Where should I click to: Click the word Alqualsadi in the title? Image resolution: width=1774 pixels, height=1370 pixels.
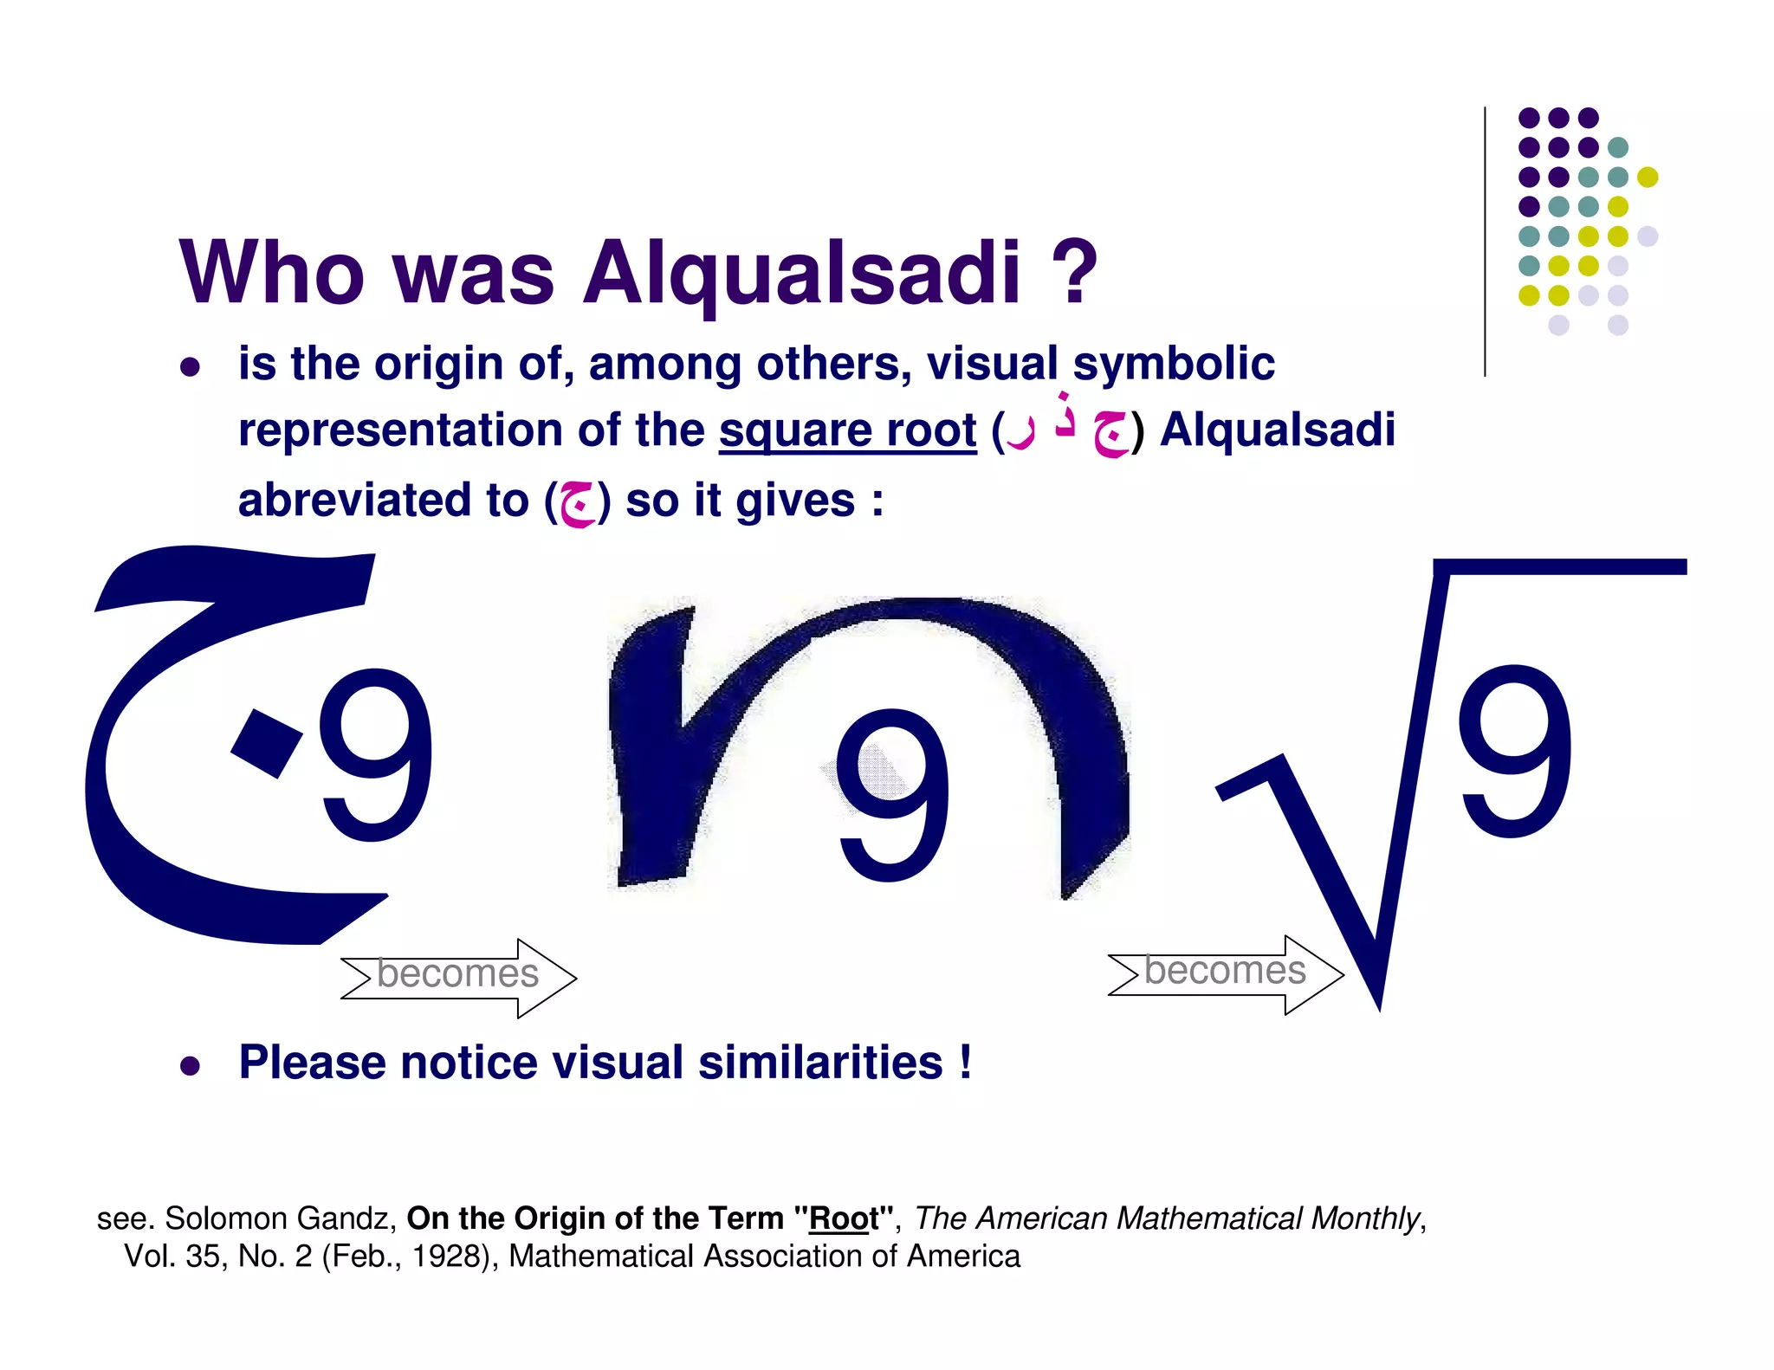[x=801, y=273]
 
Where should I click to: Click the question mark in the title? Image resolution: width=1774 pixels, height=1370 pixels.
[x=1075, y=273]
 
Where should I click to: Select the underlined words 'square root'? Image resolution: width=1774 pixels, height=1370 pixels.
[x=847, y=430]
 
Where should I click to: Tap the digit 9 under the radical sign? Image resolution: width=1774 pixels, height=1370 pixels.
[x=1515, y=752]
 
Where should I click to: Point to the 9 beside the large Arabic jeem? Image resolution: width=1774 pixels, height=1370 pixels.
[x=376, y=755]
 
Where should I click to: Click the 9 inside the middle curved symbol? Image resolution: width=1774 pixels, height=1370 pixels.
[x=892, y=795]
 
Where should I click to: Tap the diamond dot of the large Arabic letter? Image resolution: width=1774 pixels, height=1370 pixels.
[x=267, y=742]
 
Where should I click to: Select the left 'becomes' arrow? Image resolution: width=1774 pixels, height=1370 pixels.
[x=458, y=978]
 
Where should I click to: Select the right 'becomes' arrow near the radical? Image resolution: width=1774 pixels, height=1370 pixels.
[x=1226, y=974]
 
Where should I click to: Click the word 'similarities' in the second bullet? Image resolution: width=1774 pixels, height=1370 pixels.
[x=820, y=1063]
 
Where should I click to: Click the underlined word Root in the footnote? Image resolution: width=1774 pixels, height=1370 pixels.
[x=844, y=1218]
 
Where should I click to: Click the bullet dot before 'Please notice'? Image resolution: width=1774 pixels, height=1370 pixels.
[x=190, y=1065]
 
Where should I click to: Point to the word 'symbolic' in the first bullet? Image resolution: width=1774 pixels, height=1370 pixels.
[x=1174, y=364]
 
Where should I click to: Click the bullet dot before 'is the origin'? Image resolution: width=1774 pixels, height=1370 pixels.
[x=190, y=366]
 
